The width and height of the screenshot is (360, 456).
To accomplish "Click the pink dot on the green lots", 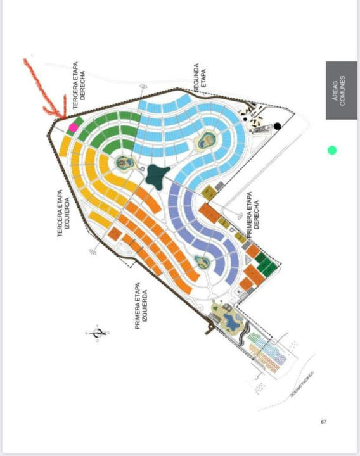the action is [x=74, y=127].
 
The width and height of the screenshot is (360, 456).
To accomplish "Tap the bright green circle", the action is [x=332, y=150].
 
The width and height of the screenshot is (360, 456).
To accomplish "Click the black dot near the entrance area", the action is [x=278, y=126].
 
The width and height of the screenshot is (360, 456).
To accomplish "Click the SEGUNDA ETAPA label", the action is [x=200, y=78].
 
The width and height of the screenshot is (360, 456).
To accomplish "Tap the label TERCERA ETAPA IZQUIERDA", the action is [x=63, y=213].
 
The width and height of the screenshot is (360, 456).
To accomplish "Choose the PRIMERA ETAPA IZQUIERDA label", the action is [x=141, y=306].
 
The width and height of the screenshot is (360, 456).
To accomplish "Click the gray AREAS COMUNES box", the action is [x=342, y=90].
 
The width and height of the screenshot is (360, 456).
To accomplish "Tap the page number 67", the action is [x=324, y=422].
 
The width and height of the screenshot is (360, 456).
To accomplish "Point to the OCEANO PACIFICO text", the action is [x=302, y=384].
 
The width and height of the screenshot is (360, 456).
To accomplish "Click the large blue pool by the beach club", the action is [x=232, y=321].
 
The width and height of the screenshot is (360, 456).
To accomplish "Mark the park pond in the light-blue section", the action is [x=207, y=141].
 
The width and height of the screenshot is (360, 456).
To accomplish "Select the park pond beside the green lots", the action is [x=125, y=163].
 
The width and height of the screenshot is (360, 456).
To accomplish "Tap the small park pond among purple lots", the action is [x=202, y=262].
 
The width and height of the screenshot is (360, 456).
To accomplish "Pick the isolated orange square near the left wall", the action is [x=115, y=234].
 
